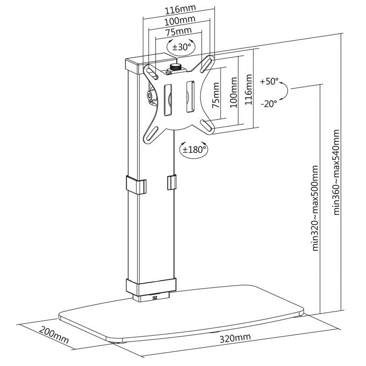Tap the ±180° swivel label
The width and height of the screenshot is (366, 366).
coord(194,149)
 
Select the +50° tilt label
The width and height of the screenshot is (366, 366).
coord(269,81)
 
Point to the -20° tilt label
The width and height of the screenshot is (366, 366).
coord(269,103)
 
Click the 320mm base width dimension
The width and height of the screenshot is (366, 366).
coord(235,337)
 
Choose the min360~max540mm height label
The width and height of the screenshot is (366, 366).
coord(336,172)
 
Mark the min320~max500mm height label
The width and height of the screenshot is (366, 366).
coord(315,208)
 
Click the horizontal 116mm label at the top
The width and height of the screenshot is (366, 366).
coord(180,9)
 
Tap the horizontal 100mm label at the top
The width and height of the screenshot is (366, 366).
coord(180,21)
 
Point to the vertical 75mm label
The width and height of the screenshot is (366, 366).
coord(216,95)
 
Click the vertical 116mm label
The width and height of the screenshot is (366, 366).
coord(248,90)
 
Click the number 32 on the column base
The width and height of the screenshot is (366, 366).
coord(154,298)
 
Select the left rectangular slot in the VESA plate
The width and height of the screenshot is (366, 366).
coord(168,100)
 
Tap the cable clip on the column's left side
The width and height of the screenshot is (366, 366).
coord(136,185)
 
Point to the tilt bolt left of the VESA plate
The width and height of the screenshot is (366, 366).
coord(149,95)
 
